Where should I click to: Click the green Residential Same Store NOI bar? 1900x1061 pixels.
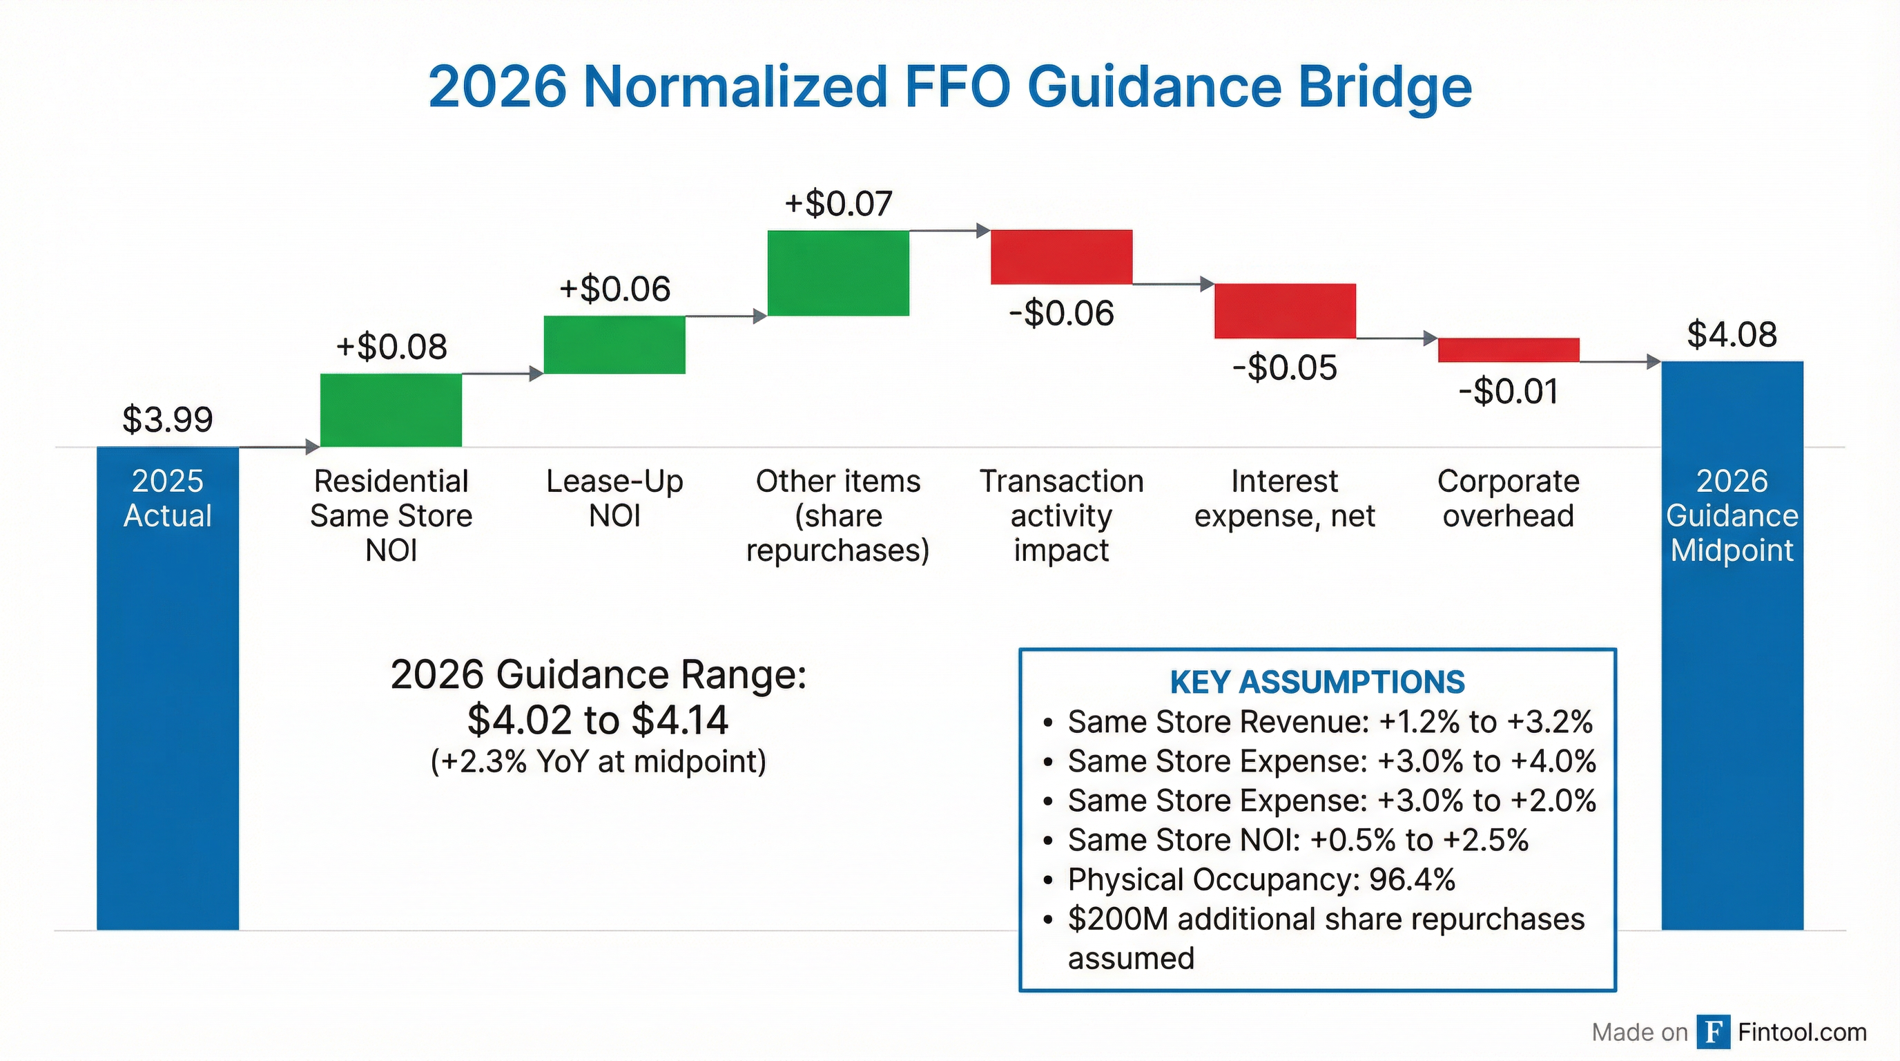[x=391, y=410]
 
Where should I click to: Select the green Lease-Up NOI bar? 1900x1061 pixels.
[x=614, y=345]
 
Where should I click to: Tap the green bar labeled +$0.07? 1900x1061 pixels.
[x=838, y=273]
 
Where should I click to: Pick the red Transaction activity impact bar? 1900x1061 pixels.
[x=1060, y=257]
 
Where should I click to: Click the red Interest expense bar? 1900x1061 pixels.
[x=1285, y=311]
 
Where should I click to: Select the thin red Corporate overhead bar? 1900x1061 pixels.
[x=1509, y=350]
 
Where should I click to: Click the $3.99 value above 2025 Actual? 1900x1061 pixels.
[x=168, y=419]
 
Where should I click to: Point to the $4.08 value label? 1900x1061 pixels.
[x=1732, y=334]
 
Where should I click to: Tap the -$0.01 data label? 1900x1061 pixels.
[x=1509, y=391]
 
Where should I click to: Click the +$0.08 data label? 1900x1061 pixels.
[x=391, y=347]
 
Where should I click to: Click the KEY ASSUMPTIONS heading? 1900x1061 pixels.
[x=1317, y=682]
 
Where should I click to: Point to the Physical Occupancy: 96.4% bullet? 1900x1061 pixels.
[x=1261, y=879]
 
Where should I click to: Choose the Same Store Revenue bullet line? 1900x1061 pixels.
[x=1330, y=722]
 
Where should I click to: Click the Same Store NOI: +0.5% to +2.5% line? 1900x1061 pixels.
[x=1298, y=840]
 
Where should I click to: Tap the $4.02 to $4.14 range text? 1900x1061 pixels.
[x=597, y=720]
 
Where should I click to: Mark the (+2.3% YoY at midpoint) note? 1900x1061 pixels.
[x=597, y=761]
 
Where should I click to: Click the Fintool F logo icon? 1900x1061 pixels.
[x=1713, y=1031]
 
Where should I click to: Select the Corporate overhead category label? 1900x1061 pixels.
[x=1509, y=498]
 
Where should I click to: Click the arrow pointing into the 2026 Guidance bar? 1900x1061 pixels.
[x=1652, y=361]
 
